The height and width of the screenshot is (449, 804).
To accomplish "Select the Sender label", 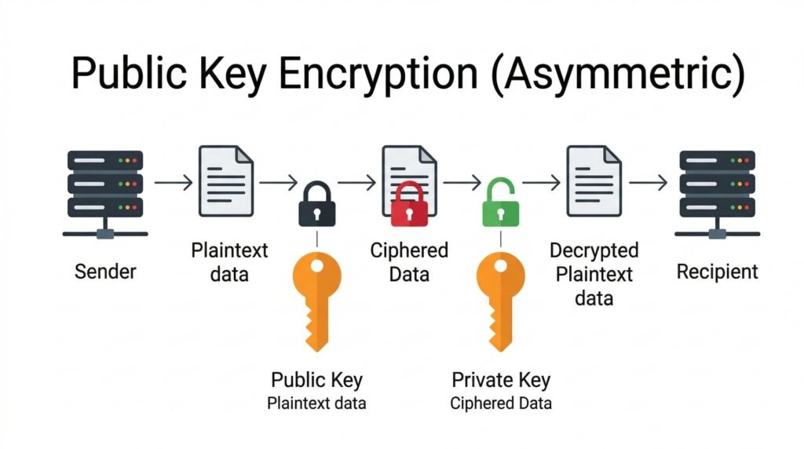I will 105,272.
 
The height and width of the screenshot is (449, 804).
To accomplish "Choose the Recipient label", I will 717,272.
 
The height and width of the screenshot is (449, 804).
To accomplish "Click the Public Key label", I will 316,380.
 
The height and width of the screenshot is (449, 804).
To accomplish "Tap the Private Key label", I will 501,380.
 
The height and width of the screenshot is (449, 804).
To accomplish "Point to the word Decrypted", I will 594,251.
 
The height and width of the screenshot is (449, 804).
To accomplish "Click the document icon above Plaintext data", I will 227,180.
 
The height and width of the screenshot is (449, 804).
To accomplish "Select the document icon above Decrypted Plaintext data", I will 594,180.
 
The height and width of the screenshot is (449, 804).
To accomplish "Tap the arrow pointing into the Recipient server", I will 648,183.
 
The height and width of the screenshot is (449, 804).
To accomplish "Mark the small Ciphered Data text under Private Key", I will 501,403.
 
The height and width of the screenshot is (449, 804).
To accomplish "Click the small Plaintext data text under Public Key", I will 316,403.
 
